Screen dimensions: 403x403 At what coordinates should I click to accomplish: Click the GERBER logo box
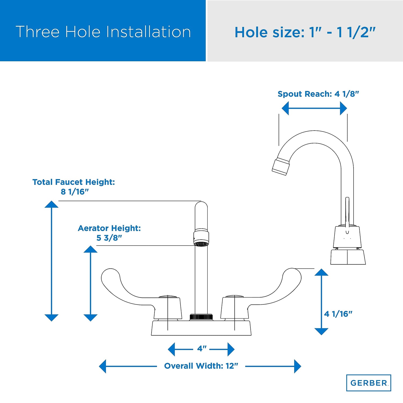point(369,383)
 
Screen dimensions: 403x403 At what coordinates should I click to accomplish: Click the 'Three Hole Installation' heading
point(103,32)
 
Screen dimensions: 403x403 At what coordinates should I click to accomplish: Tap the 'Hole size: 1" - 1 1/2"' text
point(305,32)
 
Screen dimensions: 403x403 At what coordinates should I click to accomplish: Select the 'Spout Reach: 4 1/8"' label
point(318,94)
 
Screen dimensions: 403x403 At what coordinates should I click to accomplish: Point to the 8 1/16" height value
point(75,192)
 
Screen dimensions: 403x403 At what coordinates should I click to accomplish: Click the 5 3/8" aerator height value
point(109,238)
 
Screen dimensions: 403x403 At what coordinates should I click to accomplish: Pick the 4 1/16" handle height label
point(338,314)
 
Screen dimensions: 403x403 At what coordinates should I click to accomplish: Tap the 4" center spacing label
point(202,348)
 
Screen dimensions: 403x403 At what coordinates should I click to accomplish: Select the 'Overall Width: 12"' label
point(201,366)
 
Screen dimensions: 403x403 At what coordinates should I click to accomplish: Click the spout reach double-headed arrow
point(314,108)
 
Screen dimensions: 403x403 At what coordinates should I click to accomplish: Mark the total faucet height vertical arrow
point(51,261)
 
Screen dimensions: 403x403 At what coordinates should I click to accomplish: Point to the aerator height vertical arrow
point(91,283)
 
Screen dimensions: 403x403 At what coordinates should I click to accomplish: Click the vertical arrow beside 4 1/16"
point(321,302)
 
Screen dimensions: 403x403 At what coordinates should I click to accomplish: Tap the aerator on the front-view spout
point(201,237)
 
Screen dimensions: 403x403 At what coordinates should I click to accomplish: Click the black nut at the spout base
point(201,316)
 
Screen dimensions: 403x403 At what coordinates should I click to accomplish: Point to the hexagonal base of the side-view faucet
point(348,257)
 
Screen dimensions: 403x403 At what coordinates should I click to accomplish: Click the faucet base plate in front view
point(201,328)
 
